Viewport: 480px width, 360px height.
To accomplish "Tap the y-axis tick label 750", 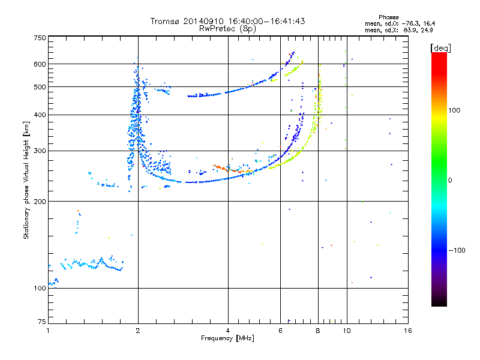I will tap(40, 37).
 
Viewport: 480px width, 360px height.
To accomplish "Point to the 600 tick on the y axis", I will tap(40, 64).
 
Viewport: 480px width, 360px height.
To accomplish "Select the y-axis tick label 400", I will tap(40, 115).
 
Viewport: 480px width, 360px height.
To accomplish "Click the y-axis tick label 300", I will tap(40, 151).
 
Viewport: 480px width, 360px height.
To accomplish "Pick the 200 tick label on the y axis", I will tap(40, 202).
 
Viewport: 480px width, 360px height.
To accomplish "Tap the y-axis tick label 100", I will tap(40, 289).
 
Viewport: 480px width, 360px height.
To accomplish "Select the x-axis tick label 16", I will tap(407, 331).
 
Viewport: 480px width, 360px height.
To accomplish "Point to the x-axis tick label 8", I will tap(318, 331).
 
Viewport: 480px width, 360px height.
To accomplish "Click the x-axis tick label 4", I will tap(228, 331).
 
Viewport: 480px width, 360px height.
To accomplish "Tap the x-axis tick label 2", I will tap(138, 331).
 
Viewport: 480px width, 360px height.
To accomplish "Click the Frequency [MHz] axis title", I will tap(227, 339).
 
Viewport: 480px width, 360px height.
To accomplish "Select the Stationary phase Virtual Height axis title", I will tap(26, 180).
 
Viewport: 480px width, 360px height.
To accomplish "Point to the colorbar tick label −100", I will tap(458, 250).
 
